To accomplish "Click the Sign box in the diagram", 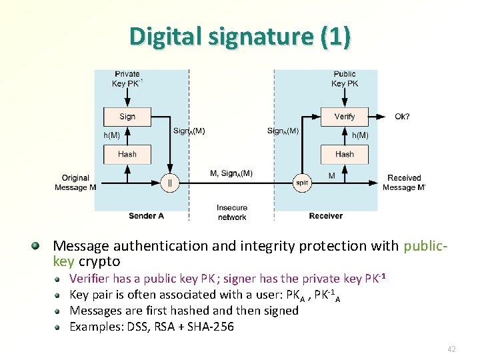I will coord(127,117).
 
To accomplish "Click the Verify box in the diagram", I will coord(344,117).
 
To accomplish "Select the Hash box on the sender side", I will coord(127,154).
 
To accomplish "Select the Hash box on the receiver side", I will coord(344,154).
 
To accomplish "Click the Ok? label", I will coord(402,117).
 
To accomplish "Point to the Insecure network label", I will coord(232,212).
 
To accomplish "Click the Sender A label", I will coord(146,216).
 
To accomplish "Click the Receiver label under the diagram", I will coord(325,216).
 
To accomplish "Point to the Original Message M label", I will coord(75,183).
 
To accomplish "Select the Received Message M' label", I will coord(404,183).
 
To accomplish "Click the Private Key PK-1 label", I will coord(127,79).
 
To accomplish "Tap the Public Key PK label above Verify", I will coord(344,79).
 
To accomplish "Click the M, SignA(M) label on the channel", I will coord(231,173).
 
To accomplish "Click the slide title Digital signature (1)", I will coord(240,37).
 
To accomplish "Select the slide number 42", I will coord(451,349).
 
